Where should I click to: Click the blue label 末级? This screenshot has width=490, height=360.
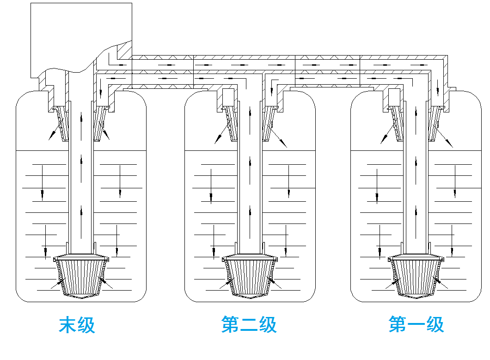click(x=77, y=325)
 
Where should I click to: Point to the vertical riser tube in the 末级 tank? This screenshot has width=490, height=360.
click(x=81, y=185)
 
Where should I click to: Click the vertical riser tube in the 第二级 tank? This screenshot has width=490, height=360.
click(x=250, y=185)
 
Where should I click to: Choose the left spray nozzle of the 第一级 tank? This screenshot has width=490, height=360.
click(x=396, y=123)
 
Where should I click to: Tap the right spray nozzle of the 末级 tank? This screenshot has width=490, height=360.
click(x=100, y=123)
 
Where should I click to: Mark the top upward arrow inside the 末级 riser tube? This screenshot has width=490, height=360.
click(x=82, y=116)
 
